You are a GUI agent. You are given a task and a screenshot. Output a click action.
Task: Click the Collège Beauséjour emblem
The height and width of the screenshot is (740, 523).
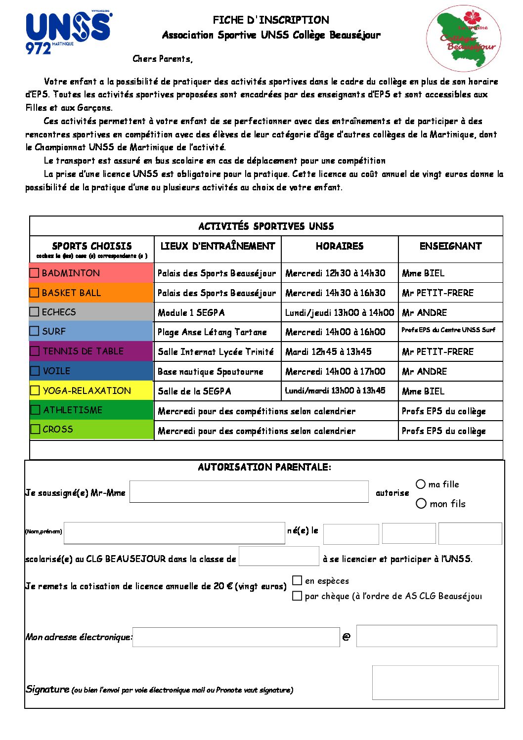point(464,39)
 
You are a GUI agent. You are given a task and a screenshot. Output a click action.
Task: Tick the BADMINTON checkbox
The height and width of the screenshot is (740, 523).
point(35,273)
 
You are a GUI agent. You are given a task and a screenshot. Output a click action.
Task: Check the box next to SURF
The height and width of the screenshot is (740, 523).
point(35,331)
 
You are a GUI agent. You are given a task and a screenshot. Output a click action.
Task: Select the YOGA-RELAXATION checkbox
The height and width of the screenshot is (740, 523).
point(35,391)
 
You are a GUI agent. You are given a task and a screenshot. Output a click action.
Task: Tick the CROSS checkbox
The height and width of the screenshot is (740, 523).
point(36,429)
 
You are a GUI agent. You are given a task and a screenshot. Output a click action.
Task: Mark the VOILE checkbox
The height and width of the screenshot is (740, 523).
point(35,371)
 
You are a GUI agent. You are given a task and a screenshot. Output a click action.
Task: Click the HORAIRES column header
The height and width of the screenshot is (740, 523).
point(340,246)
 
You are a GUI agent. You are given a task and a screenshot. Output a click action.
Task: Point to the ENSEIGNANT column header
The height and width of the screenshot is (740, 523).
point(450,246)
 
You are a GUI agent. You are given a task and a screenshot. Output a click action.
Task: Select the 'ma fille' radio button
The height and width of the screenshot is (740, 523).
point(421,484)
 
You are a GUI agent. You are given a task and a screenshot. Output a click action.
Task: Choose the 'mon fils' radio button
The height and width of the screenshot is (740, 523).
point(421,504)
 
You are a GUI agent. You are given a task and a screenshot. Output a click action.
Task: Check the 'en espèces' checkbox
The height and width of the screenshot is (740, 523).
point(297,580)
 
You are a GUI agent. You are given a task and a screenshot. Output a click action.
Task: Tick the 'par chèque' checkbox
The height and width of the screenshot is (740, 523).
point(297,596)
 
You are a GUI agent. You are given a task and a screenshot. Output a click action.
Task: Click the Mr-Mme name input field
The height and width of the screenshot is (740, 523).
point(249,492)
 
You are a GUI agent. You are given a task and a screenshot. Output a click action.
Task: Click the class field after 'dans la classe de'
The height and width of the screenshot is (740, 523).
point(279,556)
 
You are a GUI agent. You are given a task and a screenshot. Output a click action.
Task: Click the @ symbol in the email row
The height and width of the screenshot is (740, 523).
point(346,637)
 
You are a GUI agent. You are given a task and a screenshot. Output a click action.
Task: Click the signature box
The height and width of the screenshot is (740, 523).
point(435,683)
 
